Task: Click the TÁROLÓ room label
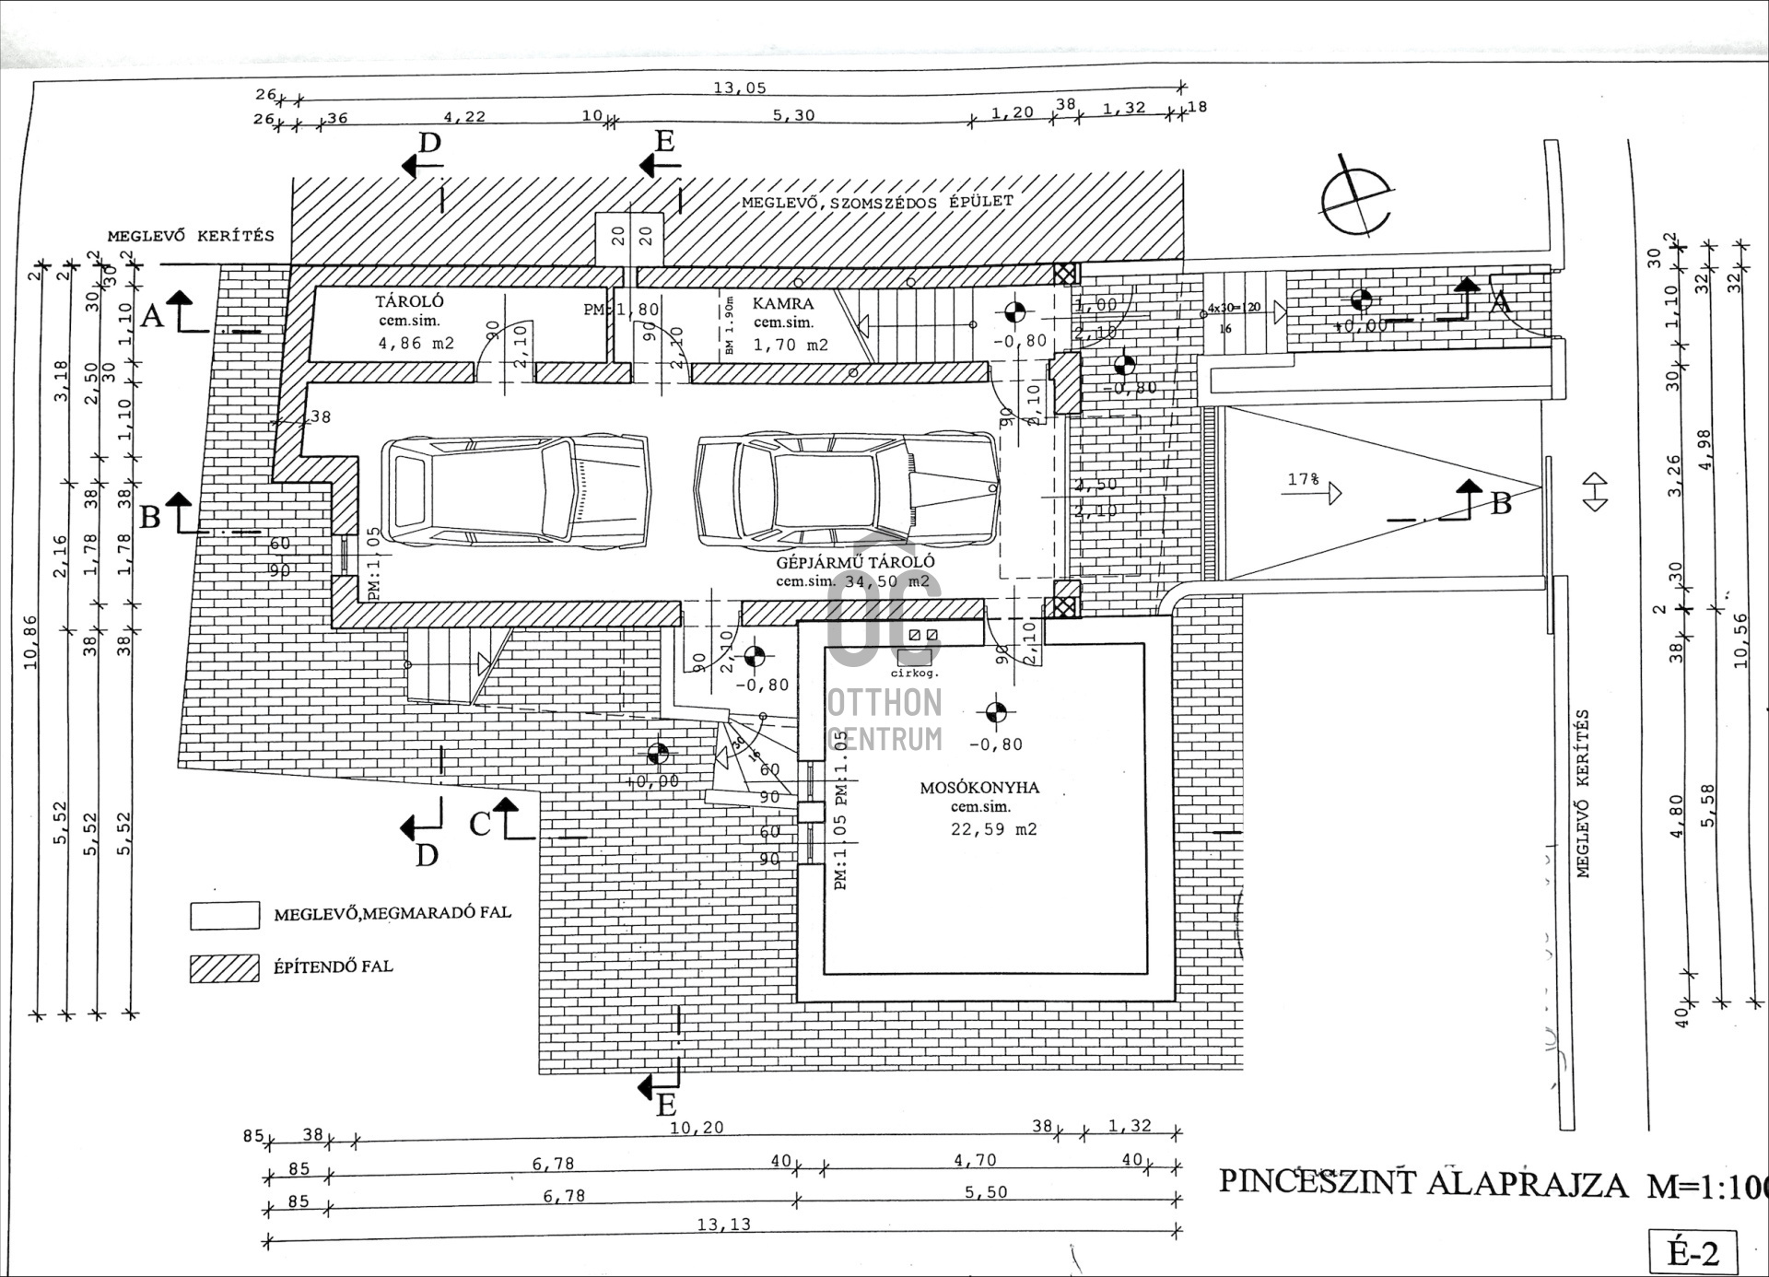[x=409, y=301]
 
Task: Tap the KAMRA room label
[x=783, y=303]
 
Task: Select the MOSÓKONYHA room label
[x=979, y=788]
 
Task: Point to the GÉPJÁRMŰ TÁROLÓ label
[x=855, y=562]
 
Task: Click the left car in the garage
[x=515, y=489]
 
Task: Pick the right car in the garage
[x=846, y=489]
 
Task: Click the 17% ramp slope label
[x=1303, y=480]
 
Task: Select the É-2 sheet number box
[x=1693, y=1253]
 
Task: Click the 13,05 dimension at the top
[x=739, y=88]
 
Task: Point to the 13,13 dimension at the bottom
[x=723, y=1224]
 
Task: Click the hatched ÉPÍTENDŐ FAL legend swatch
[x=224, y=968]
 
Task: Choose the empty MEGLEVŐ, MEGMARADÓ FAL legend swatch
[x=224, y=915]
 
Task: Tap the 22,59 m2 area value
[x=993, y=829]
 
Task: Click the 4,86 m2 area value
[x=416, y=344]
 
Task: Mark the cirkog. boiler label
[x=914, y=673]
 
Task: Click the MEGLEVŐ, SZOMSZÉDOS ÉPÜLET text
[x=876, y=203]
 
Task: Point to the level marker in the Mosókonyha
[x=995, y=713]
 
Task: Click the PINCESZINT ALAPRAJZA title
[x=1423, y=1183]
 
